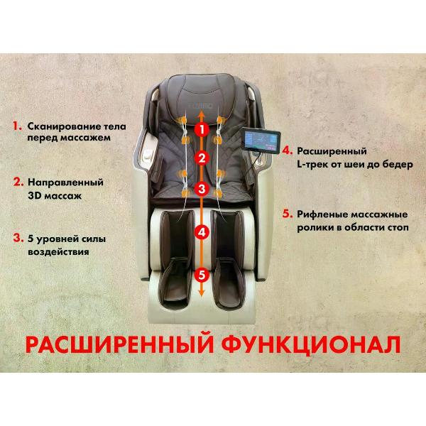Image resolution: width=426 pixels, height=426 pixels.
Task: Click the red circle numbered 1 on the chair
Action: (202, 130)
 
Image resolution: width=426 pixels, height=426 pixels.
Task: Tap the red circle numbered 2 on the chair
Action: (202, 158)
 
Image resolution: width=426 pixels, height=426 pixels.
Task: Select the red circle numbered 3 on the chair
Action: (202, 189)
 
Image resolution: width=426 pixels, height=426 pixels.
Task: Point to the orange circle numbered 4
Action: (202, 231)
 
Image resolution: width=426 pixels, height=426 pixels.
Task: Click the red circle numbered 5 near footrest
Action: (202, 273)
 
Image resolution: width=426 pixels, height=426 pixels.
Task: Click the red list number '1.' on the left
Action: (18, 126)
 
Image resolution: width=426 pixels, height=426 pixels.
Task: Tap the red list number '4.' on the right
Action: (287, 151)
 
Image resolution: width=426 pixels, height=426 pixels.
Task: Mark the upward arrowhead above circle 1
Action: (202, 113)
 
